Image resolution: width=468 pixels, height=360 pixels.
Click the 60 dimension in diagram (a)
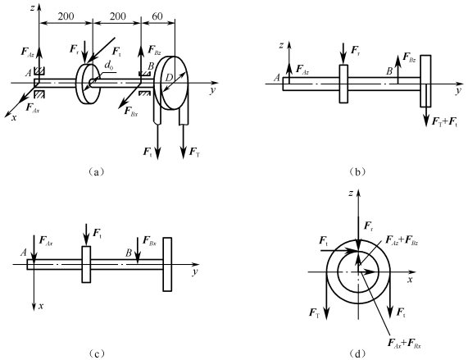pyautogui.click(x=157, y=16)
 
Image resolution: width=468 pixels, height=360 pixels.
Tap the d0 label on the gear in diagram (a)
pyautogui.click(x=109, y=66)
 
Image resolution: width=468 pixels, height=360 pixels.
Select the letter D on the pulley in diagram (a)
pyautogui.click(x=169, y=78)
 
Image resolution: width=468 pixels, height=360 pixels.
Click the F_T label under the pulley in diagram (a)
pyautogui.click(x=195, y=153)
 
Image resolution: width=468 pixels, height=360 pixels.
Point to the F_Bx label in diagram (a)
pyautogui.click(x=131, y=112)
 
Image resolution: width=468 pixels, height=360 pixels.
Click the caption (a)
pyautogui.click(x=96, y=171)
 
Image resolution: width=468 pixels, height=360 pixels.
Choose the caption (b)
pyautogui.click(x=357, y=171)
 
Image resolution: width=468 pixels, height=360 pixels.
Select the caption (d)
pyautogui.click(x=357, y=353)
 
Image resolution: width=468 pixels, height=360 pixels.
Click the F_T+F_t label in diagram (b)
pyautogui.click(x=444, y=122)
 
